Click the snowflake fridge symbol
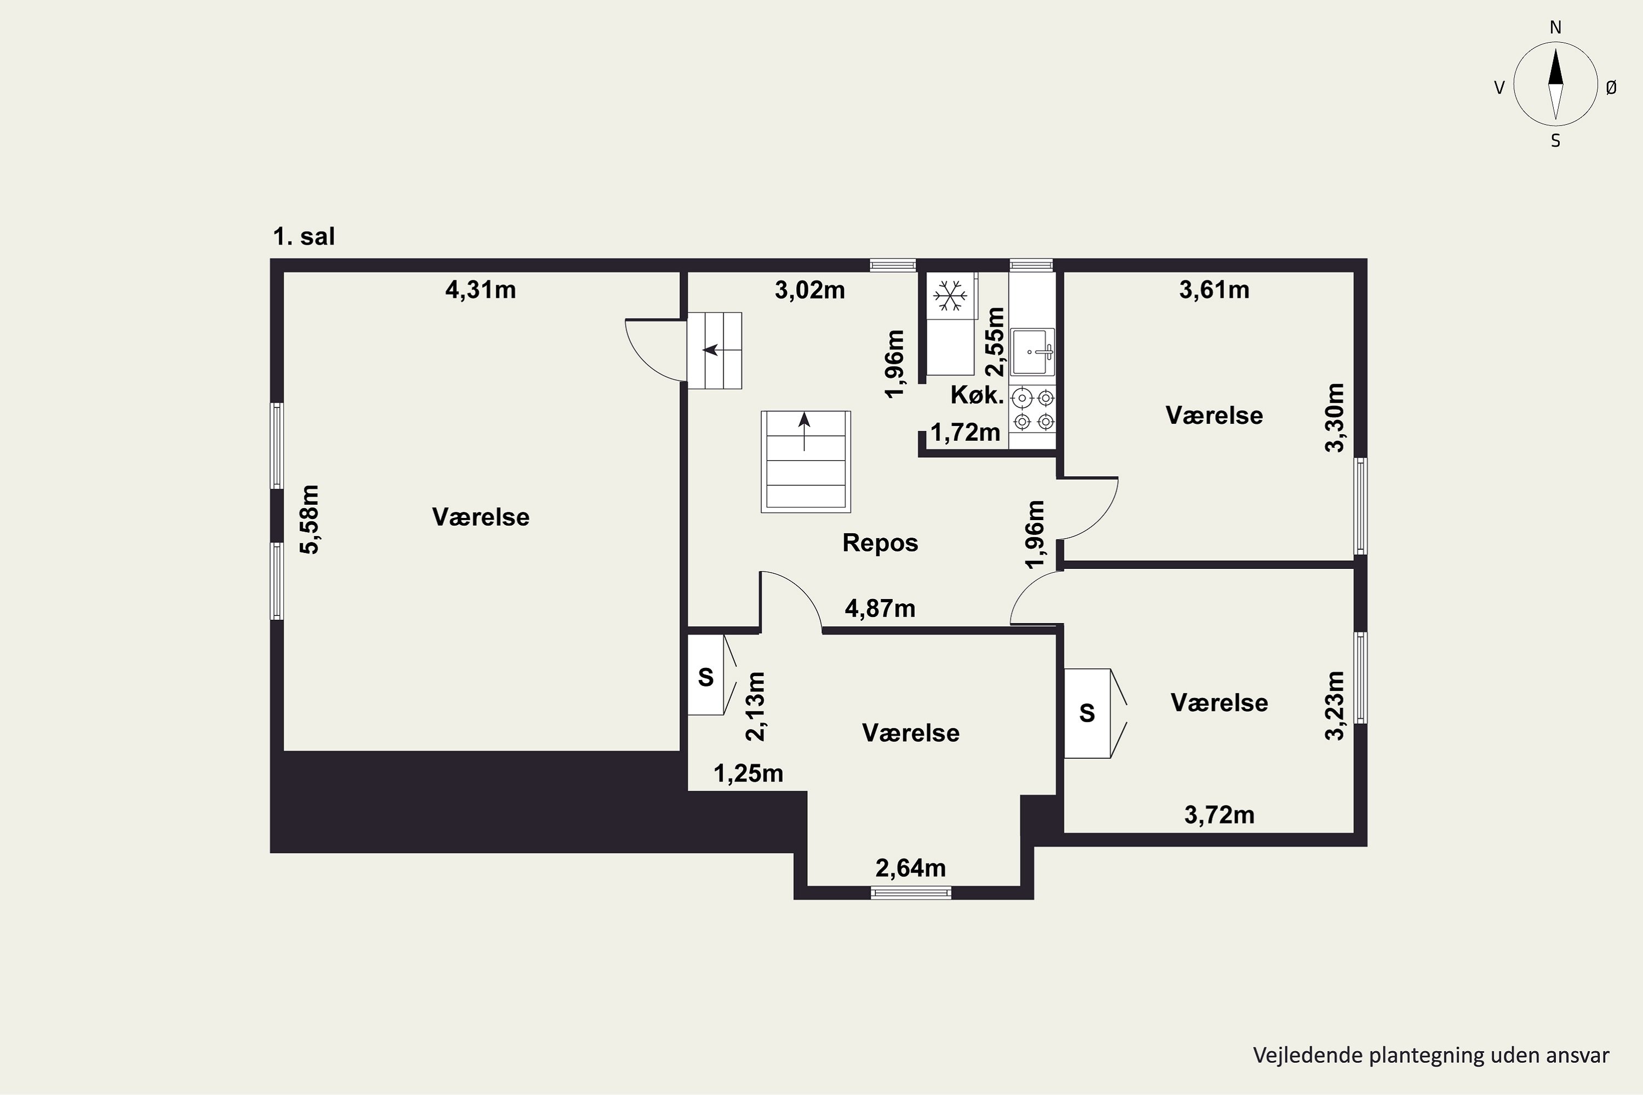(950, 296)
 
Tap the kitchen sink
(1032, 352)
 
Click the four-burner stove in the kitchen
(1033, 409)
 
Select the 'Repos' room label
(880, 543)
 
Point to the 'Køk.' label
(976, 395)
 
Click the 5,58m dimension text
(309, 519)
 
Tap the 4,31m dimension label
(481, 289)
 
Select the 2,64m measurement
(911, 868)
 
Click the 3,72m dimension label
(1220, 815)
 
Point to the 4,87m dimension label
(880, 609)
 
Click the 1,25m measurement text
(748, 774)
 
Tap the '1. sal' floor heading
(304, 237)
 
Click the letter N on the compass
(1556, 27)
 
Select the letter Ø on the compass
(1611, 87)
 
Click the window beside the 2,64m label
(911, 892)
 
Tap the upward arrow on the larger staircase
(804, 431)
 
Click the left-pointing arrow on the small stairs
(711, 349)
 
